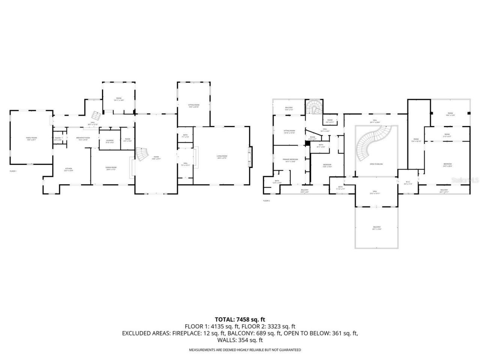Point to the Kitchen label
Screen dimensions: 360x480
coord(68,169)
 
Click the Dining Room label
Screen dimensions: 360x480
coord(111,168)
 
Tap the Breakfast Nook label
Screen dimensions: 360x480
coord(83,138)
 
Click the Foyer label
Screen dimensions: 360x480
coord(155,157)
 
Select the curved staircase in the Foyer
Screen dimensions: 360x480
coord(142,154)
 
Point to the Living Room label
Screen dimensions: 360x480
coord(222,157)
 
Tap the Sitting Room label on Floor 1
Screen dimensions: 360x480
coord(193,106)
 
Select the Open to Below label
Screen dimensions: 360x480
coord(376,164)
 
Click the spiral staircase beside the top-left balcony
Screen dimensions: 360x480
coord(313,109)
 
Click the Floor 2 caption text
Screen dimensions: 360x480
coord(266,201)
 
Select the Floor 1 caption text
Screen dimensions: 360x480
coord(13,171)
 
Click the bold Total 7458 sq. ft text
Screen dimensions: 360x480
coord(240,319)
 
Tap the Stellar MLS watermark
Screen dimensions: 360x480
coord(465,180)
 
